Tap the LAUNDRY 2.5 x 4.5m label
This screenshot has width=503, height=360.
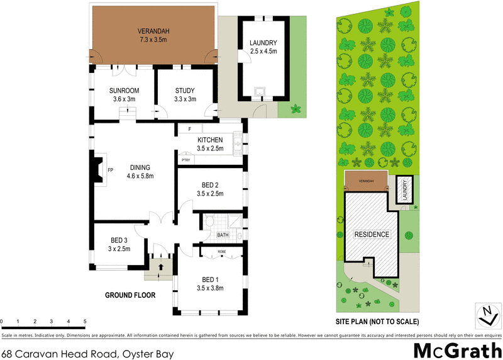[263, 47]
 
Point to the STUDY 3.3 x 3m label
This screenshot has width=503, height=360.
[185, 94]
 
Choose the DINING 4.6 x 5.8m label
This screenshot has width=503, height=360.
[140, 171]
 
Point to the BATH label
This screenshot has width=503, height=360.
[223, 235]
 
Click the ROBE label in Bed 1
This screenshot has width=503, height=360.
[221, 251]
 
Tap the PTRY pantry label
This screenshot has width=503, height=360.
[185, 160]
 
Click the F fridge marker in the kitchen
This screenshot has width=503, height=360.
[189, 130]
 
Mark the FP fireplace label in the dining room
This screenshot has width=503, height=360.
[110, 170]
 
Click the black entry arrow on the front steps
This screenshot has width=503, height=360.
[161, 267]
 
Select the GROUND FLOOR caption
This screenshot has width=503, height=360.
[130, 295]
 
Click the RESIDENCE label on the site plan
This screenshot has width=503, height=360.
[372, 234]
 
